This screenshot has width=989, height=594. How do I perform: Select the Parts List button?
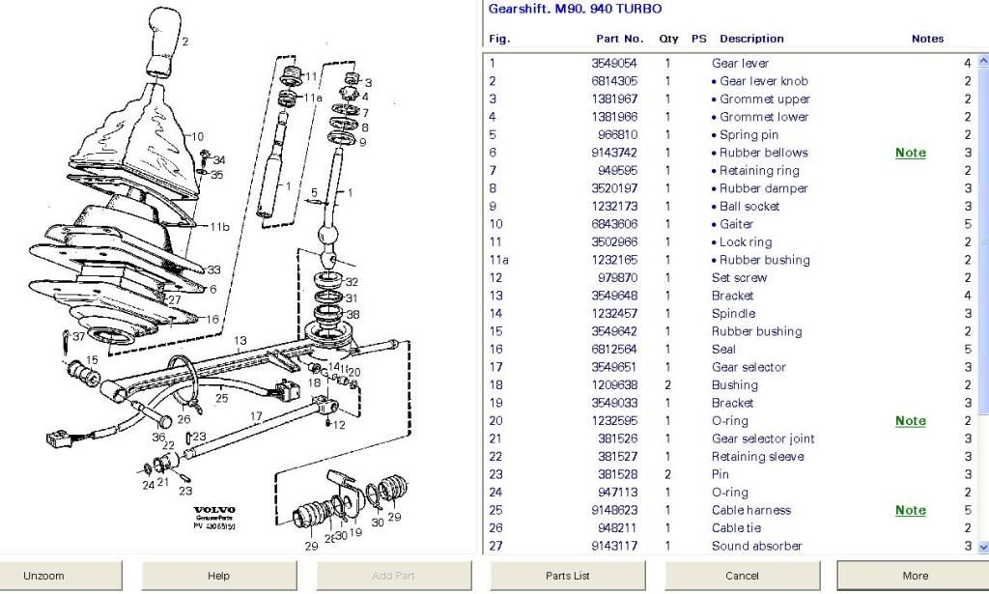tap(567, 576)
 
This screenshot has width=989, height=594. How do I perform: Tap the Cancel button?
tap(742, 576)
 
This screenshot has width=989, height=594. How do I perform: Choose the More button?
tap(914, 576)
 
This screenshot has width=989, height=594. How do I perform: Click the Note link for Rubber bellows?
tap(910, 153)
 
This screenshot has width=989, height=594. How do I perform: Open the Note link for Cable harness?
tap(910, 510)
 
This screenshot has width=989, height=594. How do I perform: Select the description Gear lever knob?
tap(763, 81)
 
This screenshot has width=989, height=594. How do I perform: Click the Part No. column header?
tap(619, 39)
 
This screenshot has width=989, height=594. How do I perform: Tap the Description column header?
tap(751, 39)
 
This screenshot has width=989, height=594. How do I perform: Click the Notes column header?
tap(927, 39)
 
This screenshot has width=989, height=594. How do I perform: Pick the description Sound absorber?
tap(756, 546)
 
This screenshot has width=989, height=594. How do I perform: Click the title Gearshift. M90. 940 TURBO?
tap(576, 9)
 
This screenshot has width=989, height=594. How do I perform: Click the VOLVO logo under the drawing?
tap(213, 510)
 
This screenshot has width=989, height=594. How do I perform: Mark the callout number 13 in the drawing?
tap(240, 340)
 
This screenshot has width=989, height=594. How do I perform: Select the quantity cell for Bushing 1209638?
tap(667, 385)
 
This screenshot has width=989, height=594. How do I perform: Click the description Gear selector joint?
tap(763, 438)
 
